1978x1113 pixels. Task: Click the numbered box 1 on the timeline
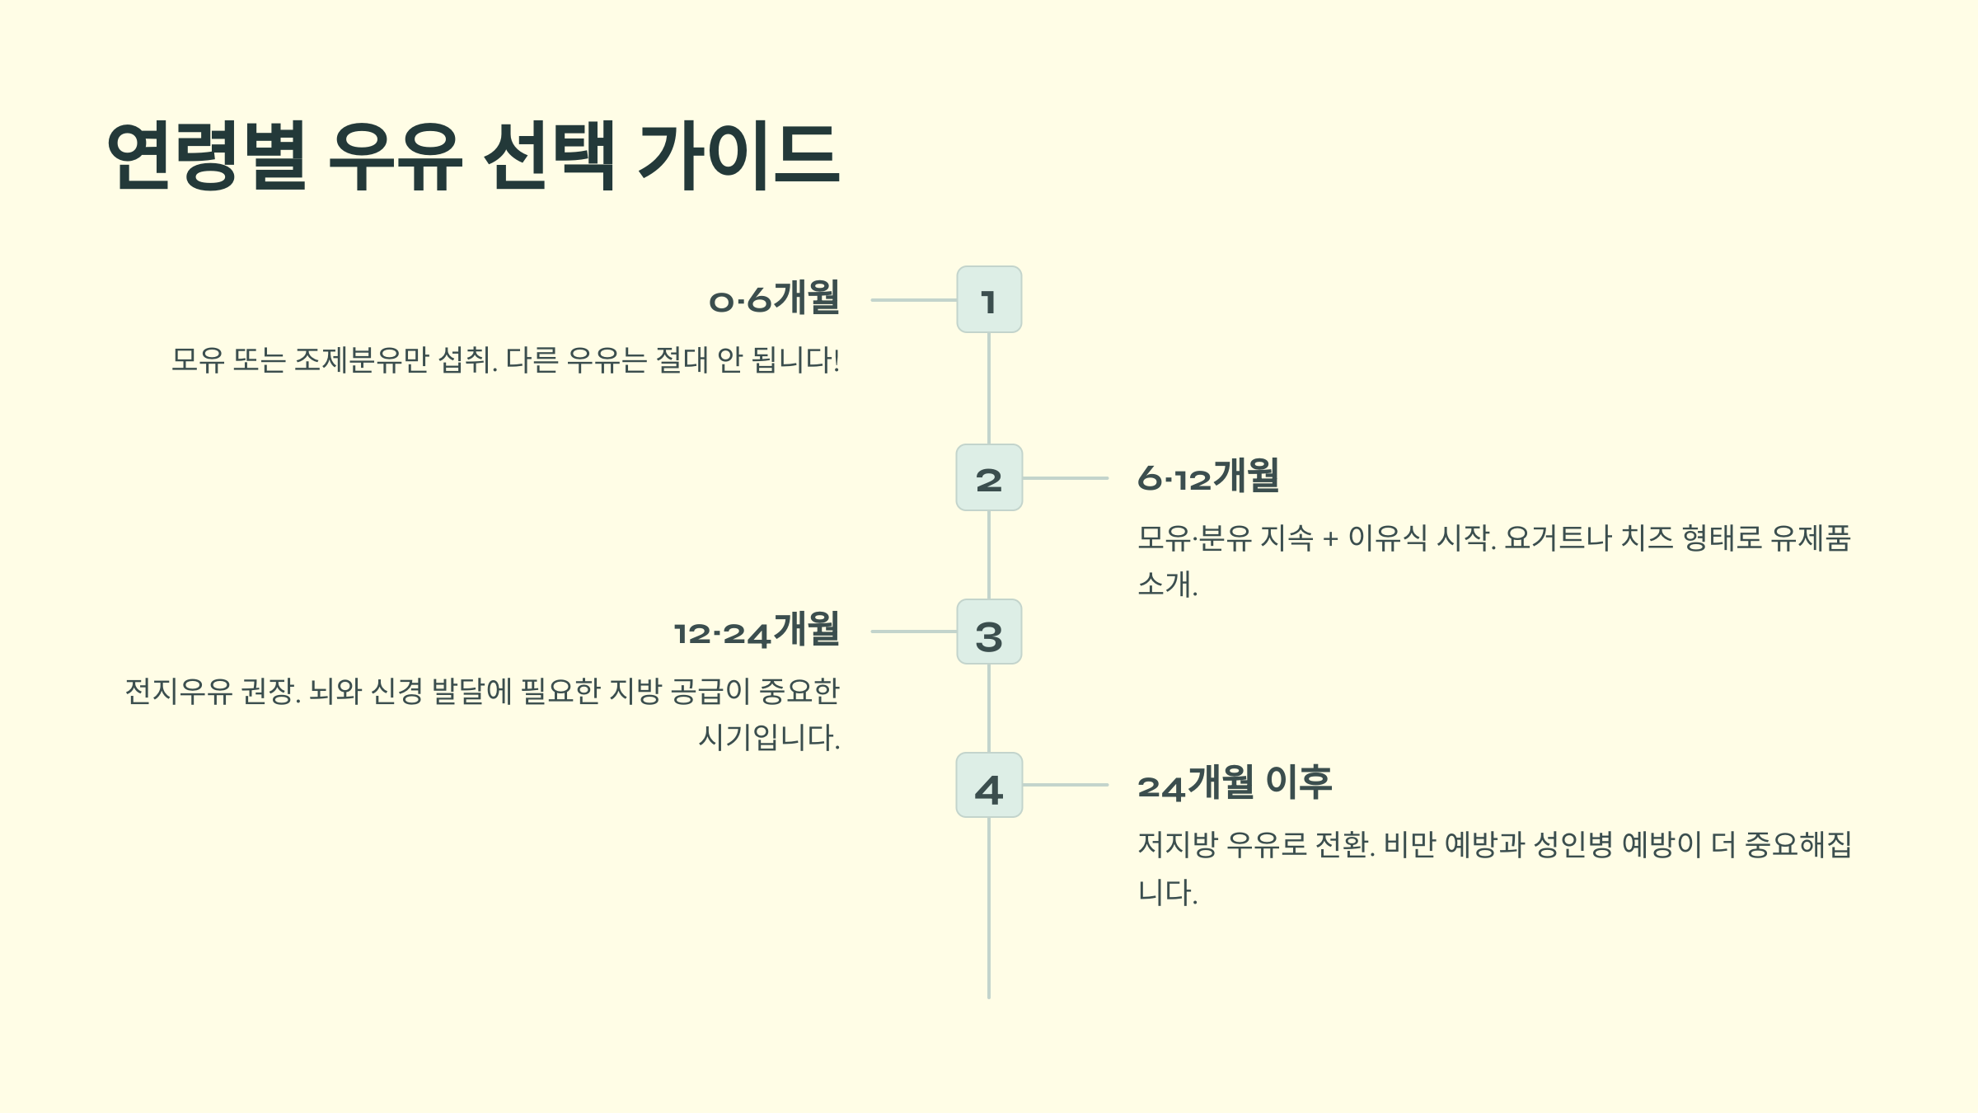[x=989, y=299]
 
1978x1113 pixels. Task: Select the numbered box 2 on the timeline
[x=989, y=477]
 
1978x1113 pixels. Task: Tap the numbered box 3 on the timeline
[x=989, y=632]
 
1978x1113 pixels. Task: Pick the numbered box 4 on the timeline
[x=989, y=785]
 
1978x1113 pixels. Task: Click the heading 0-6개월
[x=774, y=298]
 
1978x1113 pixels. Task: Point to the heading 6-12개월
[x=1207, y=477]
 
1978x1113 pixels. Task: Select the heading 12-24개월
[x=757, y=630]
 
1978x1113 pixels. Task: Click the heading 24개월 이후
[x=1234, y=783]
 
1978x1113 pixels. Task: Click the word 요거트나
[x=1557, y=538]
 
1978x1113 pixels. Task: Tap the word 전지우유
[x=178, y=691]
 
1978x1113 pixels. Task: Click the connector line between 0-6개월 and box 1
[x=913, y=300]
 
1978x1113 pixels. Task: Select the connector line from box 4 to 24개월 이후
[x=1065, y=785]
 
